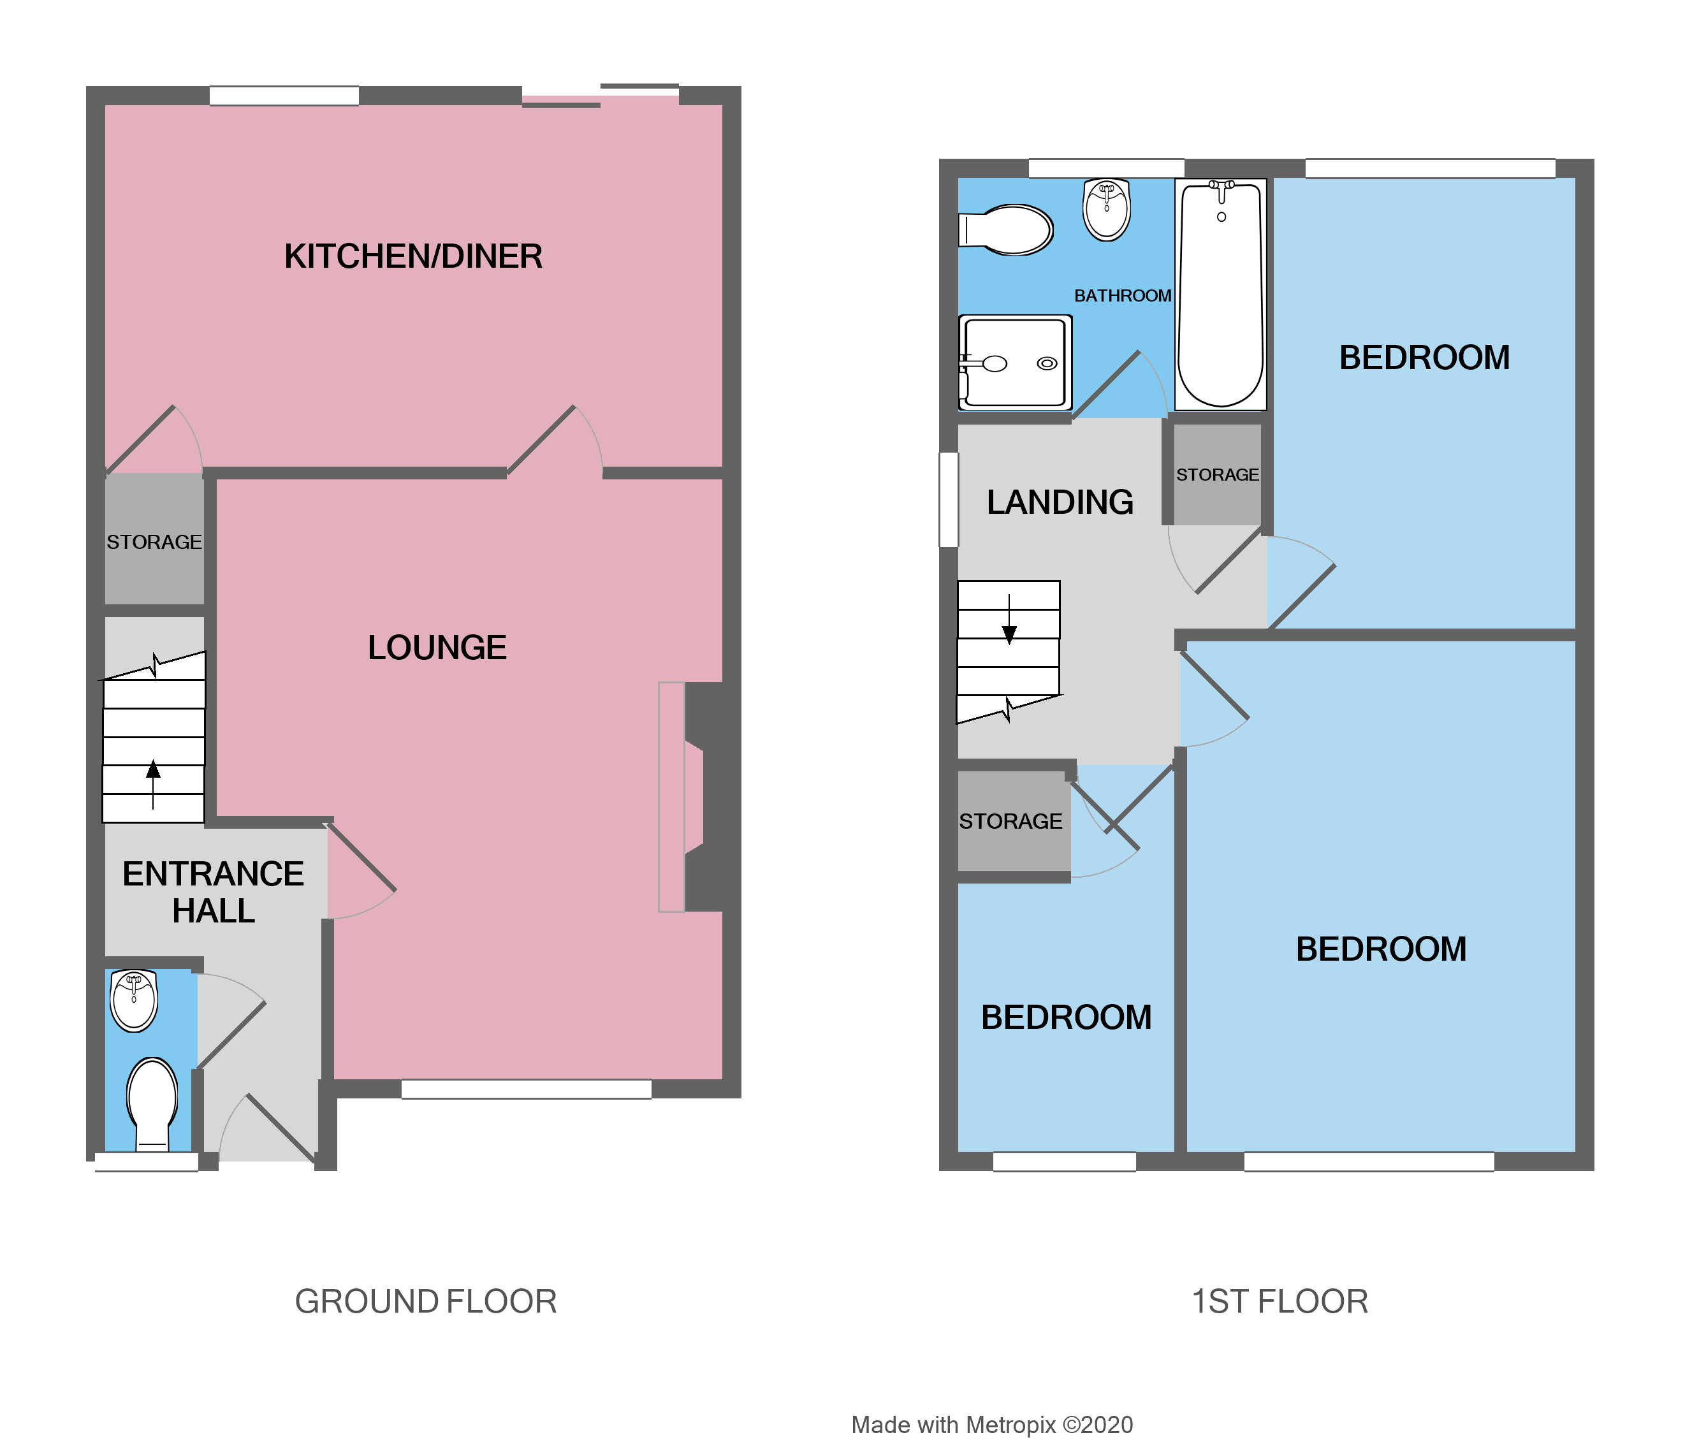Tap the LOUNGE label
click(437, 648)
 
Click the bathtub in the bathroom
click(1220, 295)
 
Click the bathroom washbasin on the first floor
click(1106, 210)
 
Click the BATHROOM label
click(1122, 296)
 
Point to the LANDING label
click(1060, 502)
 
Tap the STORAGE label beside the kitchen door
click(154, 542)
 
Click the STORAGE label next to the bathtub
click(1217, 475)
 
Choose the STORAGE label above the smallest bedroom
click(1010, 822)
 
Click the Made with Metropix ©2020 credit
click(991, 1425)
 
